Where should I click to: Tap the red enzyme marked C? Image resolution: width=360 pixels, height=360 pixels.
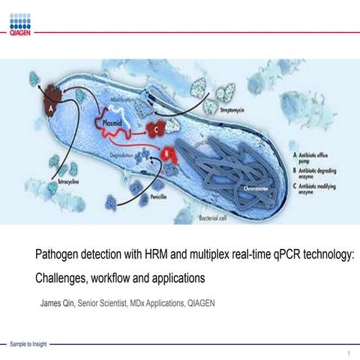click(159, 128)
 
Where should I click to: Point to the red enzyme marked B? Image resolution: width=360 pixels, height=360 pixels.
click(167, 155)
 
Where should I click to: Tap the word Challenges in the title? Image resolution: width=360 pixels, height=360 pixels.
click(64, 278)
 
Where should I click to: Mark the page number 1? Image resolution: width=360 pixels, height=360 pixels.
click(349, 352)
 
